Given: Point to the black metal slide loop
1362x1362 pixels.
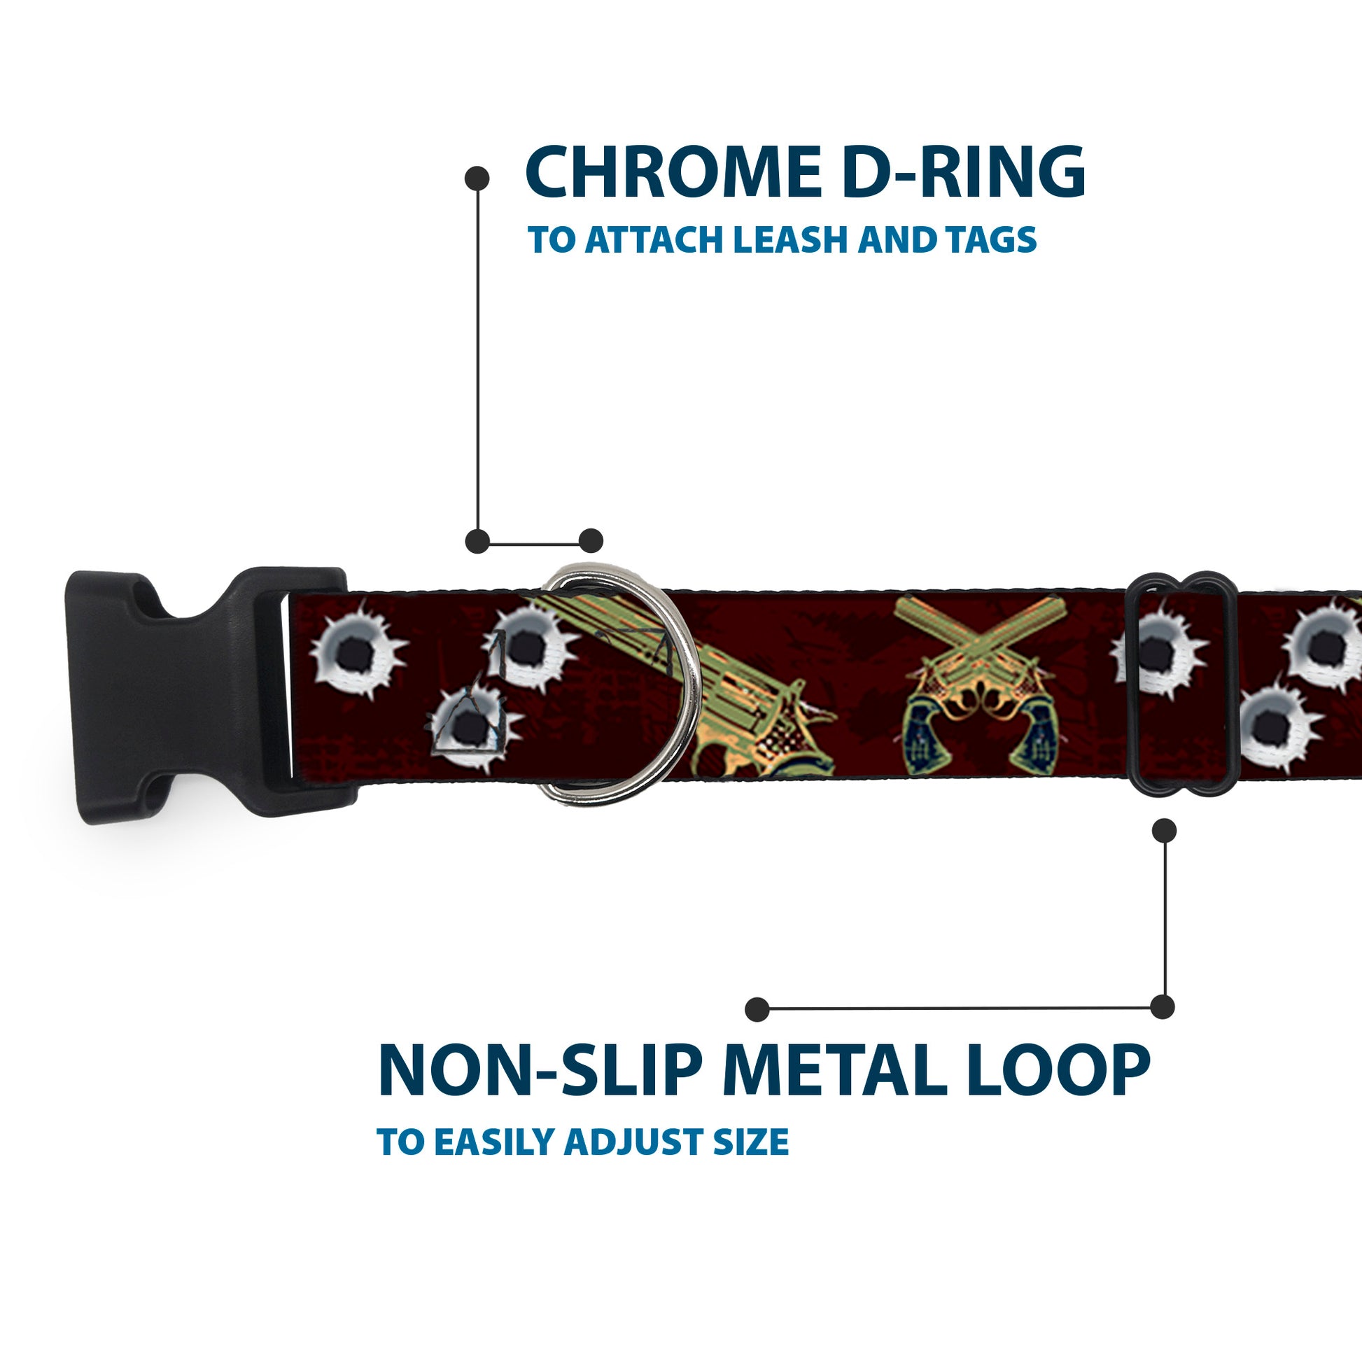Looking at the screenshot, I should [1180, 684].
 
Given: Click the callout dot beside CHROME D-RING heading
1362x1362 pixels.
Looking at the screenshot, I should [477, 178].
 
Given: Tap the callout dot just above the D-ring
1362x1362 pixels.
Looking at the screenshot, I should [591, 541].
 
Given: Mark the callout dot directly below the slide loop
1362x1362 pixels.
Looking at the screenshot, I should [1164, 831].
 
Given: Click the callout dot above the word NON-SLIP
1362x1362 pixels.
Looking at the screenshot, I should [757, 1009].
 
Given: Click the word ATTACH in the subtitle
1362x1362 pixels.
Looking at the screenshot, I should [655, 240].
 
